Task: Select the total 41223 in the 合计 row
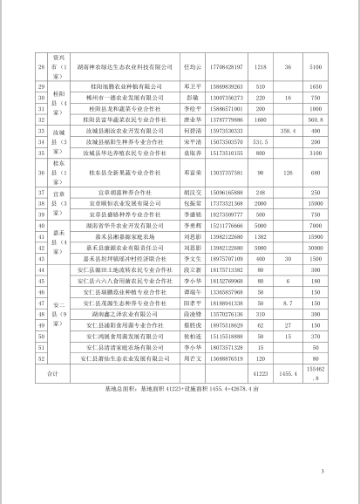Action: click(x=259, y=373)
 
